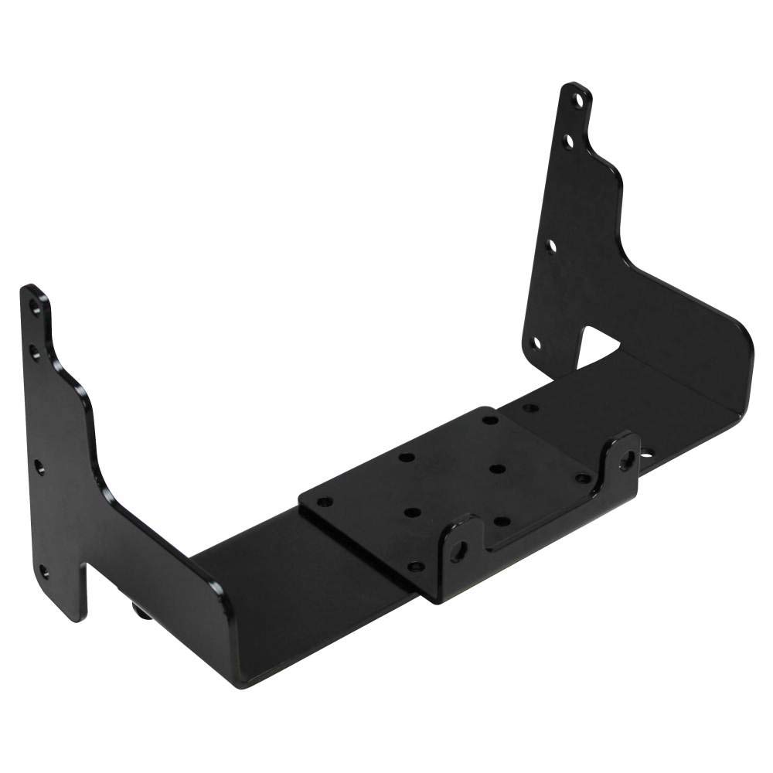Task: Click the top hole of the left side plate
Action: [x=34, y=307]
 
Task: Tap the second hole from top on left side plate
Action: [x=35, y=350]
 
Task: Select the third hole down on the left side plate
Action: [x=39, y=466]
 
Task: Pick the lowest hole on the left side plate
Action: [x=43, y=572]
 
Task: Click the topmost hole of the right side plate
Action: [x=576, y=100]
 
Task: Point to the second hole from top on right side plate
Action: [x=568, y=141]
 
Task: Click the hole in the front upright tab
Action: [x=461, y=548]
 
